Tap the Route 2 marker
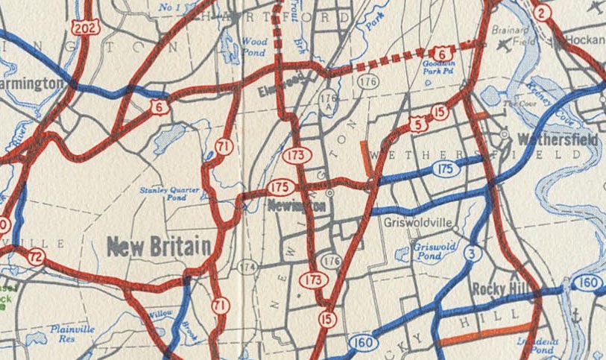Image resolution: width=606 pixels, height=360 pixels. [542, 12]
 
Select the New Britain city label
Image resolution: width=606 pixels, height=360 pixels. [158, 247]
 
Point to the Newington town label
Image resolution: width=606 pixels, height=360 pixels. [297, 206]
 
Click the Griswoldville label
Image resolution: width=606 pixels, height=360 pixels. [414, 222]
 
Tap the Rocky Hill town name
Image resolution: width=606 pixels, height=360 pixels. [500, 288]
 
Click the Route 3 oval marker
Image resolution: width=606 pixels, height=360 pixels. [470, 255]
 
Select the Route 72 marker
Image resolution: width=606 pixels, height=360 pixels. [36, 257]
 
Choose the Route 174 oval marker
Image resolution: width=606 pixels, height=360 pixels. [247, 265]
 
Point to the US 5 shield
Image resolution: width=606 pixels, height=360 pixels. [419, 124]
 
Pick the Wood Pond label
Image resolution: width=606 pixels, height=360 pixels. [254, 48]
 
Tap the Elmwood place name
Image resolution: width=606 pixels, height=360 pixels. [283, 88]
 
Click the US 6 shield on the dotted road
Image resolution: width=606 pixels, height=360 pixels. [441, 52]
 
